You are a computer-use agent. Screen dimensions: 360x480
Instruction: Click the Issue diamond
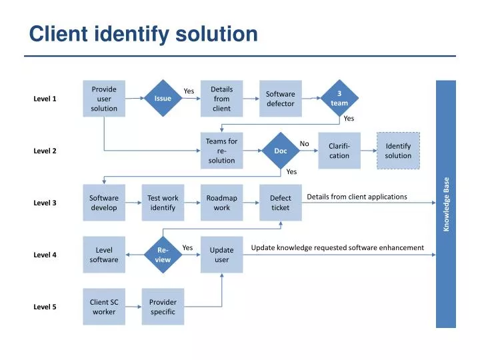pos(163,99)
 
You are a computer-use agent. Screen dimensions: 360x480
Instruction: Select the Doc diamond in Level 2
pos(281,151)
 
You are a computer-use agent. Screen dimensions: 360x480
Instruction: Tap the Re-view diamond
pos(163,255)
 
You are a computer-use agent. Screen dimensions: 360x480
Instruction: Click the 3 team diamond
pos(339,99)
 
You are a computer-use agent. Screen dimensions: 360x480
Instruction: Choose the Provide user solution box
pos(104,99)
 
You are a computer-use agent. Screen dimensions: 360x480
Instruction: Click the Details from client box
pos(221,99)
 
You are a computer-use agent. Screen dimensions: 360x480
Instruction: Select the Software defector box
pos(281,99)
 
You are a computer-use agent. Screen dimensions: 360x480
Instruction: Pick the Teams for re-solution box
pos(221,151)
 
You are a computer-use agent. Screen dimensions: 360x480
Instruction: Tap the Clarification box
pos(339,151)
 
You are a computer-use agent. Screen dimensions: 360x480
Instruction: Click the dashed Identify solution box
pos(398,151)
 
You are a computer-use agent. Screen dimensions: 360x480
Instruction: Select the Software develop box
pos(104,203)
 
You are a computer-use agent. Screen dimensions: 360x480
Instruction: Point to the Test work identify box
pos(163,203)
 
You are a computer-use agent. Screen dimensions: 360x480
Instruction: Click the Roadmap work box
pos(221,203)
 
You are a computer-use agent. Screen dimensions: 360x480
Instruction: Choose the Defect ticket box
pos(281,203)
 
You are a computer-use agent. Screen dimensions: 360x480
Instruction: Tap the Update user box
pos(221,255)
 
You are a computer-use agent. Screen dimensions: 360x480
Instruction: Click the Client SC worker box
pos(104,307)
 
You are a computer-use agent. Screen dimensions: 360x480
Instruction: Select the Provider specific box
pos(163,307)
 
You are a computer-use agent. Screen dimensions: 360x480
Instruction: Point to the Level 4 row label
pos(45,255)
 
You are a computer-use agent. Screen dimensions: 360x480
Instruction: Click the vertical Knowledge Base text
pos(447,204)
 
